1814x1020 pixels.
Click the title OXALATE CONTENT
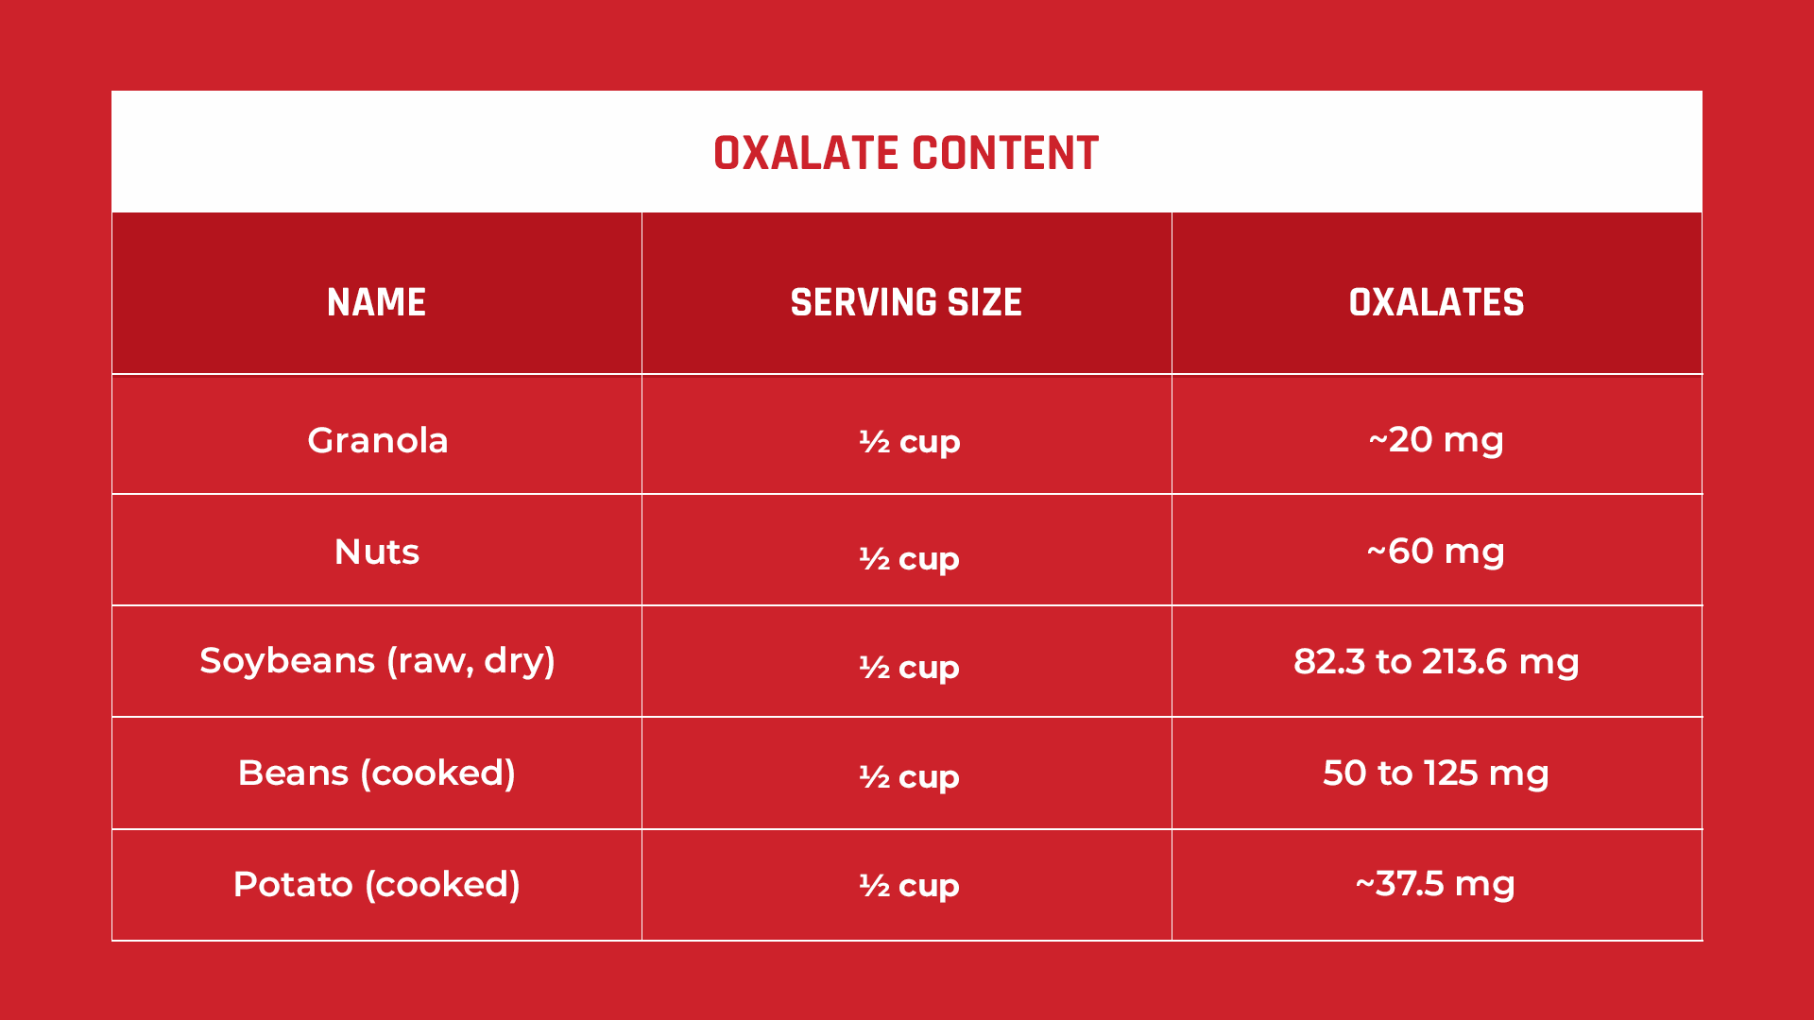point(906,153)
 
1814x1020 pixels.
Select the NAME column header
point(377,302)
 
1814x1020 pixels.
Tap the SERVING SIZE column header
point(906,302)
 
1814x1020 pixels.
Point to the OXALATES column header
point(1436,302)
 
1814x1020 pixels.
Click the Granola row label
point(377,440)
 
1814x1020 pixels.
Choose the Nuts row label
point(377,552)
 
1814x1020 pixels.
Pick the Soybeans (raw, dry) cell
point(377,661)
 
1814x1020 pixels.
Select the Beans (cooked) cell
point(377,773)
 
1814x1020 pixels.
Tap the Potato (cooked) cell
point(377,885)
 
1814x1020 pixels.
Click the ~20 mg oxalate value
point(1436,440)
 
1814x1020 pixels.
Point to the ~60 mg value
point(1436,552)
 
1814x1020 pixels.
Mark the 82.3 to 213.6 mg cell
point(1436,662)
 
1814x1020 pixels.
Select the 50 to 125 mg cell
point(1436,773)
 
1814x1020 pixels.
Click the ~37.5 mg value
point(1436,884)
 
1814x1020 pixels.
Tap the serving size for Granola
point(910,442)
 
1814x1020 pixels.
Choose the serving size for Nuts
point(910,559)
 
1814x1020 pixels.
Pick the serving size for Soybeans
point(910,668)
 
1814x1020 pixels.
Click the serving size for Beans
point(910,777)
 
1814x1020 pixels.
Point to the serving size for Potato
point(910,886)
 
